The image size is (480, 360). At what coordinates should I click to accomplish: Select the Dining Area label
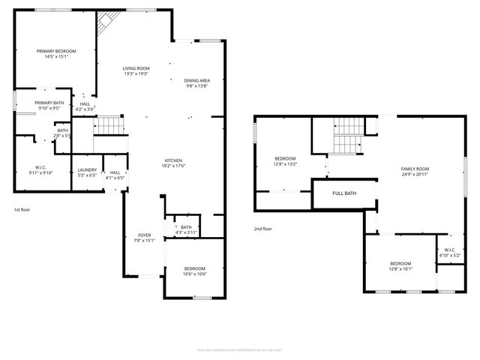(196, 80)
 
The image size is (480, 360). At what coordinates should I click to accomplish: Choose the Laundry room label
(87, 170)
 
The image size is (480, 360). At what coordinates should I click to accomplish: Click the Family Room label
(415, 169)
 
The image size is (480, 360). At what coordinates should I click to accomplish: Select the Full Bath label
(344, 193)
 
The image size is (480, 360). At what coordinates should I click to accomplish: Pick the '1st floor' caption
(22, 211)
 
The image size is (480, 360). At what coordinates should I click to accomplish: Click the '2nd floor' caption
(262, 228)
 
